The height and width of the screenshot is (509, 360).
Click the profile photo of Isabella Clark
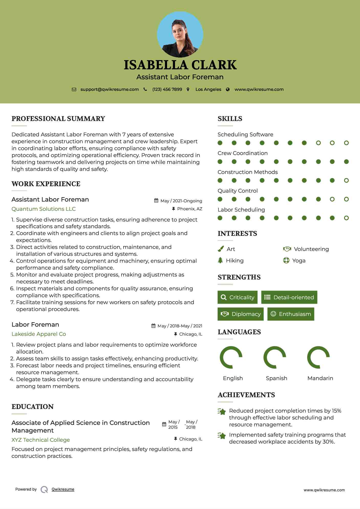[x=180, y=34]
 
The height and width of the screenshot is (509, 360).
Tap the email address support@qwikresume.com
[x=110, y=90]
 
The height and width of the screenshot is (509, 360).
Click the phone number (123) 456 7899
[x=167, y=90]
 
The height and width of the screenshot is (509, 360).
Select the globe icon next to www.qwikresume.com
[x=228, y=90]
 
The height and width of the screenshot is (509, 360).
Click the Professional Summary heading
[x=58, y=119]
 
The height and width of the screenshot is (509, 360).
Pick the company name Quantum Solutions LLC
[x=43, y=209]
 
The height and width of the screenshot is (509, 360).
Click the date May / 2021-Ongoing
[x=181, y=201]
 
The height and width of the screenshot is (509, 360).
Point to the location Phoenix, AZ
[x=190, y=209]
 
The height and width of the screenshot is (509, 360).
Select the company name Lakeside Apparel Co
[x=39, y=334]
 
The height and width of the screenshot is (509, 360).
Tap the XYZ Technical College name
[x=41, y=440]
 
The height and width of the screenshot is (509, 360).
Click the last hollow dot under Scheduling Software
[x=346, y=143]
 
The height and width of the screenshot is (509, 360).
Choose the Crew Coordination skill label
[x=243, y=153]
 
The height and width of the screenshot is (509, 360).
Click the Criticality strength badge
[x=237, y=297]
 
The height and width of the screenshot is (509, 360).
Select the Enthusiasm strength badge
[x=291, y=314]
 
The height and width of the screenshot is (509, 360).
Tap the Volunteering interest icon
[x=287, y=249]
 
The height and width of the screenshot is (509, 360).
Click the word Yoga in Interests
[x=299, y=261]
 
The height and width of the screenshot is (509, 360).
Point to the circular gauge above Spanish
[x=275, y=357]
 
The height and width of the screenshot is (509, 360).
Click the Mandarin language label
[x=320, y=378]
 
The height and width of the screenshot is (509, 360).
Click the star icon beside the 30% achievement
[x=222, y=436]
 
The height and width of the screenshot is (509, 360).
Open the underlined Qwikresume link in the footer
[x=63, y=489]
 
